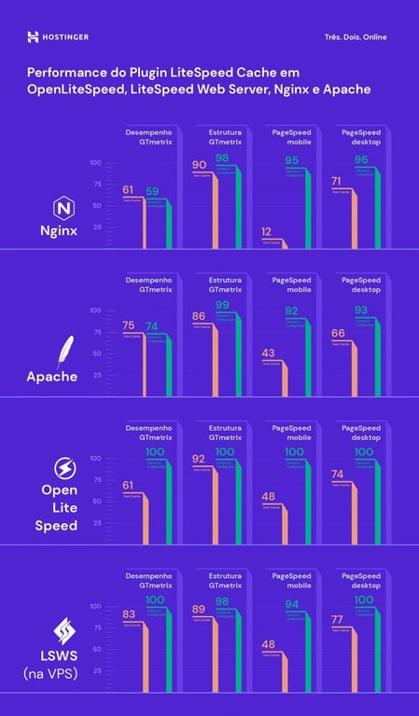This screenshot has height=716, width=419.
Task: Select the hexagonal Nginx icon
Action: pyautogui.click(x=65, y=207)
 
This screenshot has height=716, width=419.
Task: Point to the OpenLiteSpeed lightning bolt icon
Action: pyautogui.click(x=65, y=467)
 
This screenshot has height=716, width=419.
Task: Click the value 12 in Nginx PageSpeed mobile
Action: pyautogui.click(x=267, y=231)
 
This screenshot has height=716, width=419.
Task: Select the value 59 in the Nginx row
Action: pyautogui.click(x=153, y=192)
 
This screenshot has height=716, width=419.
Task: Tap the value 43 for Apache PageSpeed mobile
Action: pyautogui.click(x=267, y=353)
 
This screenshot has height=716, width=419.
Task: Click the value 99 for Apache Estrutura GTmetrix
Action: pyautogui.click(x=222, y=306)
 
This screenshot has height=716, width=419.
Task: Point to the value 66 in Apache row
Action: pyautogui.click(x=339, y=333)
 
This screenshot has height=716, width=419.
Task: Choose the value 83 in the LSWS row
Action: pyautogui.click(x=129, y=613)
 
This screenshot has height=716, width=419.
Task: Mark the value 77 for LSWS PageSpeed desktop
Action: pyautogui.click(x=339, y=619)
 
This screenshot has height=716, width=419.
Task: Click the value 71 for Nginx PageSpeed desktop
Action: pyautogui.click(x=339, y=181)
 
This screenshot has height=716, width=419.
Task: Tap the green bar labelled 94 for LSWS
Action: pyautogui.click(x=309, y=653)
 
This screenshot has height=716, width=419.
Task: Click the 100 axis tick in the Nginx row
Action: pyautogui.click(x=95, y=163)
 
